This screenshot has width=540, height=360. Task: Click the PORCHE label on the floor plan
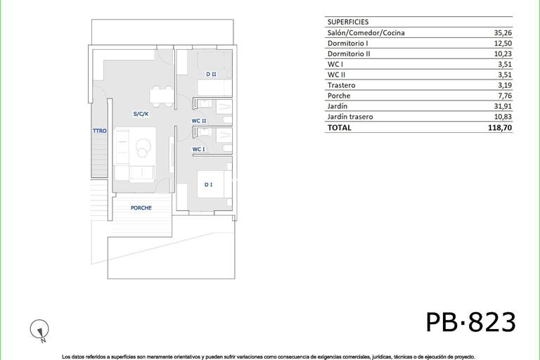coord(141,207)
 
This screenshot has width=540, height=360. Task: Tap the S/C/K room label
coord(141,113)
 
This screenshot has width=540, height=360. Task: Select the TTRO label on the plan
coord(99,131)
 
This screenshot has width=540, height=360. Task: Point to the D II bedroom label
coord(211,74)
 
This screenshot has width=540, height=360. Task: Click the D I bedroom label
coord(209,184)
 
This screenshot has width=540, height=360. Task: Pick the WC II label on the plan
coord(199,120)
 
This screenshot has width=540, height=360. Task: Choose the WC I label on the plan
coord(198,149)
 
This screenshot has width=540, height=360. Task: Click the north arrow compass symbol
coord(41,329)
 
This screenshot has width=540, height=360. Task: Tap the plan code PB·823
coord(470,322)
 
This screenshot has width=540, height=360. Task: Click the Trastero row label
coord(341,85)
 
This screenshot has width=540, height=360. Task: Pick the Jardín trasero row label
coord(350,117)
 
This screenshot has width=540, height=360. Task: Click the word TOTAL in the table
coord(339,128)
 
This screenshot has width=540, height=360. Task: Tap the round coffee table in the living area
coord(144,150)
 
